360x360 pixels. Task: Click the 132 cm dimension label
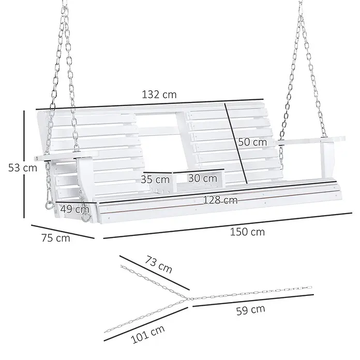coord(159,95)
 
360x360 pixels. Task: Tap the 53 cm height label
coord(23,168)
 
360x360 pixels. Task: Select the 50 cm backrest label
coord(252,142)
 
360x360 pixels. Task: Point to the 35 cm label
coord(155,179)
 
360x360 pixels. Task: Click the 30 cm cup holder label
coord(203,178)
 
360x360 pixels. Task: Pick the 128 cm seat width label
coord(220,201)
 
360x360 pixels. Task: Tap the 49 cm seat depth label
coord(75,209)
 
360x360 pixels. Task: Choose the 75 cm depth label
coord(56,237)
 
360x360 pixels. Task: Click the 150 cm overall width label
coord(247,232)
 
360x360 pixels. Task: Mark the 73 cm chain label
coord(158,265)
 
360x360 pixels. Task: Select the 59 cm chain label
coord(251,310)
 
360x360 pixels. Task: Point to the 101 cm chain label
coord(148,334)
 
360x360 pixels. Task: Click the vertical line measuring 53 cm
coord(24,164)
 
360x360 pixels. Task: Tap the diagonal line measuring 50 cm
coord(236,143)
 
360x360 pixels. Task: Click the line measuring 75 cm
coord(63,231)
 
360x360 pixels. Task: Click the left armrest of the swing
coord(67,156)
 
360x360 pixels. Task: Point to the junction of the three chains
coord(189,299)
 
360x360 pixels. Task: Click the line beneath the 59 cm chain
coord(253,301)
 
